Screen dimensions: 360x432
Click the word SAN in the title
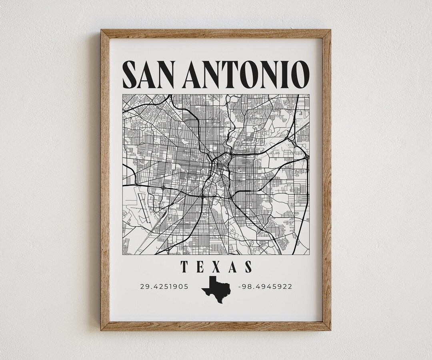148,74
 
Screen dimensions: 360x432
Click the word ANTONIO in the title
246,74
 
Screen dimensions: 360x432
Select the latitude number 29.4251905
164,286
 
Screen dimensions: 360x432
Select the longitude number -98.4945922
265,286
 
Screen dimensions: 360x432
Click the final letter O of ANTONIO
300,74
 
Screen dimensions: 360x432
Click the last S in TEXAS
248,267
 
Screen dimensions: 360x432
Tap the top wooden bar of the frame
216,34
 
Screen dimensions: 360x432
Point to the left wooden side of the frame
105,180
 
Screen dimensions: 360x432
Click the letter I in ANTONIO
285,74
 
